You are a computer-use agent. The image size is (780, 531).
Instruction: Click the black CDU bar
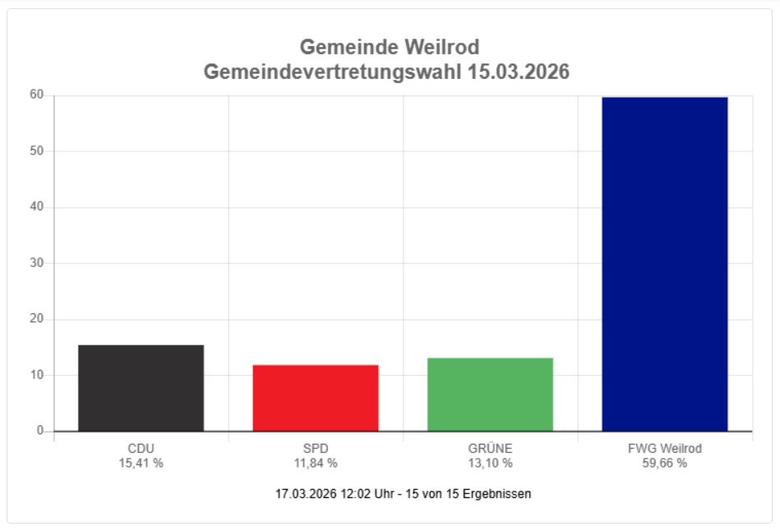(x=141, y=388)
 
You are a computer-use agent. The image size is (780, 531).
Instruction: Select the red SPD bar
(x=316, y=398)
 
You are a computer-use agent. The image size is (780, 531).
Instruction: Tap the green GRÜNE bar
(x=490, y=395)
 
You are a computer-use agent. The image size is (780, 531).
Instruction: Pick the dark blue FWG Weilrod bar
(x=664, y=264)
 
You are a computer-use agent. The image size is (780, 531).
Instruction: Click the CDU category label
(x=141, y=449)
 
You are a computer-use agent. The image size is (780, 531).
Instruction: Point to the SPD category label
(x=316, y=449)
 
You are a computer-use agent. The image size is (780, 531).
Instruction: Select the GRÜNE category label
(x=490, y=449)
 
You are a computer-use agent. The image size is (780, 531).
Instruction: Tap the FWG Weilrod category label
(x=664, y=449)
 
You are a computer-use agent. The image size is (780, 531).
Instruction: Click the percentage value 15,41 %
(x=141, y=463)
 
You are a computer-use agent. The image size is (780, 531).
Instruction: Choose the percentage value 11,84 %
(x=316, y=463)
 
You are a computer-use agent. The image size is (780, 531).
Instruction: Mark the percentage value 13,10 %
(x=490, y=463)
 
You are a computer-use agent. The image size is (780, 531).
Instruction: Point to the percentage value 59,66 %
(x=664, y=463)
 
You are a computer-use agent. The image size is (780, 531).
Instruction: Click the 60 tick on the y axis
(x=38, y=95)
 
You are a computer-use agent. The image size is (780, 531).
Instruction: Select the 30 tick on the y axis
(x=38, y=263)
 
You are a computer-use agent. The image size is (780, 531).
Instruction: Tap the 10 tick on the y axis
(x=38, y=375)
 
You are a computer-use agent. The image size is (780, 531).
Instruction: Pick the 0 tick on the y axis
(x=40, y=431)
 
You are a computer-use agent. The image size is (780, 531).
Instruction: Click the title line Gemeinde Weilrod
(x=389, y=47)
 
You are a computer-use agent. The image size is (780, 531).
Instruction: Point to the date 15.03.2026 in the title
(x=518, y=72)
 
